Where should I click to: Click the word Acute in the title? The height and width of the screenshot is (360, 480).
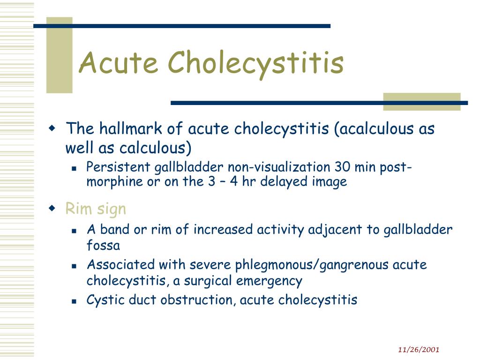[x=119, y=62]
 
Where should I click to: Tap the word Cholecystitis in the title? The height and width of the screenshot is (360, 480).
[x=255, y=65]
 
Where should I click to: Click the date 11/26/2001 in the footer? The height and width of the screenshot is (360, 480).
[x=419, y=350]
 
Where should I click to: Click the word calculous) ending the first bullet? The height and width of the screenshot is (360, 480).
[x=155, y=148]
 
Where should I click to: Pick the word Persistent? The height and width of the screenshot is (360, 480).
[x=118, y=167]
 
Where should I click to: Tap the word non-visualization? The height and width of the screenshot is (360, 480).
[x=279, y=167]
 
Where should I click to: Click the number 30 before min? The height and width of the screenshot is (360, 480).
[x=342, y=167]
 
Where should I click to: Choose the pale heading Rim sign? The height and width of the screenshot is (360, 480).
[x=96, y=209]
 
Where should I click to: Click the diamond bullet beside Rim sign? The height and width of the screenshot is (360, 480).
[x=52, y=209]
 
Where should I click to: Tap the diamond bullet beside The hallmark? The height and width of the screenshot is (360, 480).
[x=52, y=127]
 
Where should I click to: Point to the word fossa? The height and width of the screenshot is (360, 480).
[x=103, y=245]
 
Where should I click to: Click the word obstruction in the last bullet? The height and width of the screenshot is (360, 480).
[x=198, y=300]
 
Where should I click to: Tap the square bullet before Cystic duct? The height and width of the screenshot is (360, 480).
[x=74, y=301]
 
